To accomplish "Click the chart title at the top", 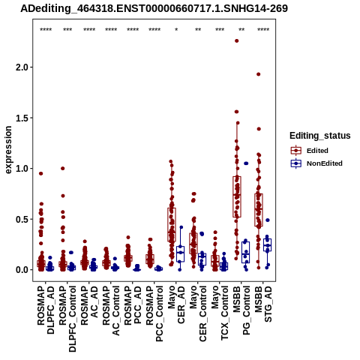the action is point(154,9).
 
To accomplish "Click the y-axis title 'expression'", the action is point(8,150).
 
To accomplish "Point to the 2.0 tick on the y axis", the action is point(22,67).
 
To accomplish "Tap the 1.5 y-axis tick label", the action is point(22,118).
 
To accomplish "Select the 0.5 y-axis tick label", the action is point(22,219).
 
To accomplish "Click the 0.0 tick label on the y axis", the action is point(22,270).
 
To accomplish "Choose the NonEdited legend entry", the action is point(316,163).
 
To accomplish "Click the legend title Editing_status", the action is point(320,136).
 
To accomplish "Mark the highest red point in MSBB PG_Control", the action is point(237,40).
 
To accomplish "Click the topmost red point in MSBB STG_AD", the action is point(259,74).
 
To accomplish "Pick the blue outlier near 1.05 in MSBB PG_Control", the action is point(246,163).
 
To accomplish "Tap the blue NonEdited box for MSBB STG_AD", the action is point(267,245).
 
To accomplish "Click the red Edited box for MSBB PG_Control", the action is point(237,196).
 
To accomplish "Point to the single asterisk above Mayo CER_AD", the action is point(176,30).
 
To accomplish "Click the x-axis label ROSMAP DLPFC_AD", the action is point(46,310).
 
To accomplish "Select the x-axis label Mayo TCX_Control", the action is point(220,313).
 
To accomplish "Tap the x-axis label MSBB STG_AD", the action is point(263,304).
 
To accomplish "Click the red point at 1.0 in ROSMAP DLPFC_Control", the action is point(63,169).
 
